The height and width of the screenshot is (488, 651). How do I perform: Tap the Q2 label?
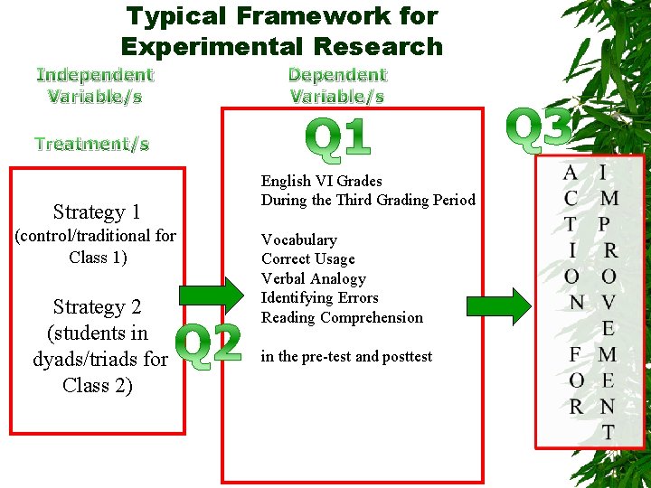click(209, 343)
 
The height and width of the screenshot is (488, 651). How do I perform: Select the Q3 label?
click(540, 127)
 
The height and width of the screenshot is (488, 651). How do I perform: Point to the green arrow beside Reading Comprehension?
click(503, 305)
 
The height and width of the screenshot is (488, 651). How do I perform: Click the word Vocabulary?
click(299, 239)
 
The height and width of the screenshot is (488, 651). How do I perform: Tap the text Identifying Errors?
click(320, 297)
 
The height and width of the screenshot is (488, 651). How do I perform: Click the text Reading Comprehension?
click(342, 317)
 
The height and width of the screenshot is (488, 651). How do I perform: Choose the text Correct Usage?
click(308, 259)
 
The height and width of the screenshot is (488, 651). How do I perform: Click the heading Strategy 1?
click(97, 212)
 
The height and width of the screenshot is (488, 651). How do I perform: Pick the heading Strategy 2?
click(97, 307)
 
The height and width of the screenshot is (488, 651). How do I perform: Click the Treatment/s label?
click(91, 144)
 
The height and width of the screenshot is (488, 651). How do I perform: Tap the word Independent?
click(95, 75)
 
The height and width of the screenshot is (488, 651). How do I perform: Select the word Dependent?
click(337, 75)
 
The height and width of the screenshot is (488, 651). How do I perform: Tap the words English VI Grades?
click(322, 181)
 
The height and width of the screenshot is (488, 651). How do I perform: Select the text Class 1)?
click(98, 257)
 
